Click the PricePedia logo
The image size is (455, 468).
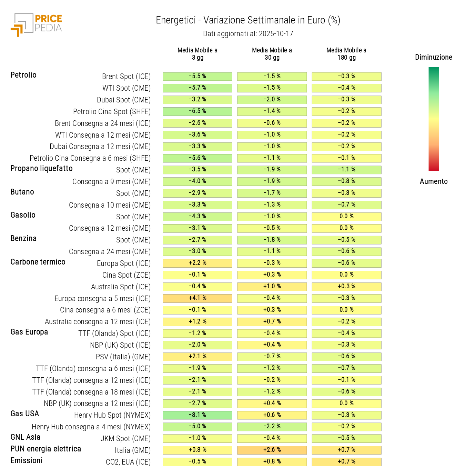tap(37, 24)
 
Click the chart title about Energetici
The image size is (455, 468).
tap(248, 20)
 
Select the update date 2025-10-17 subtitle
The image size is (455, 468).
tap(248, 34)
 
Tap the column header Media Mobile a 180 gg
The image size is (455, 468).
tap(346, 54)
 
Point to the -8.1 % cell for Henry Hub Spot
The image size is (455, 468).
tap(197, 415)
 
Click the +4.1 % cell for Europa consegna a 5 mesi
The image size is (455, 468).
tap(197, 298)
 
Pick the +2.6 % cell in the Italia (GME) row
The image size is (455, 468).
tap(272, 450)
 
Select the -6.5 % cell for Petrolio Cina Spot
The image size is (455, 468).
tap(197, 111)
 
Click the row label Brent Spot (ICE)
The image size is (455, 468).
tap(126, 77)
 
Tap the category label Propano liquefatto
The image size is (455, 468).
tap(42, 169)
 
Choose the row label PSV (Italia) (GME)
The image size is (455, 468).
tap(123, 357)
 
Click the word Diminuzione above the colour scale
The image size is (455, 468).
tap(433, 57)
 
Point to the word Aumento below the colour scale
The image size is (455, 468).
tap(433, 181)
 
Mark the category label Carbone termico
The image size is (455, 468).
tap(38, 262)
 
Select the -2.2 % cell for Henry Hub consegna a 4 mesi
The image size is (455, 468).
tap(272, 426)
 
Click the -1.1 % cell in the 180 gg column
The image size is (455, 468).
tap(346, 169)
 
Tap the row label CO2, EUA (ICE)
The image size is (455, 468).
tap(128, 462)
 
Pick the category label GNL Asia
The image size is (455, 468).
tap(26, 437)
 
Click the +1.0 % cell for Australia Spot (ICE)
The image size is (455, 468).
tap(272, 286)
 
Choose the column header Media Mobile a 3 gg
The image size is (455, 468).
tap(197, 54)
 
